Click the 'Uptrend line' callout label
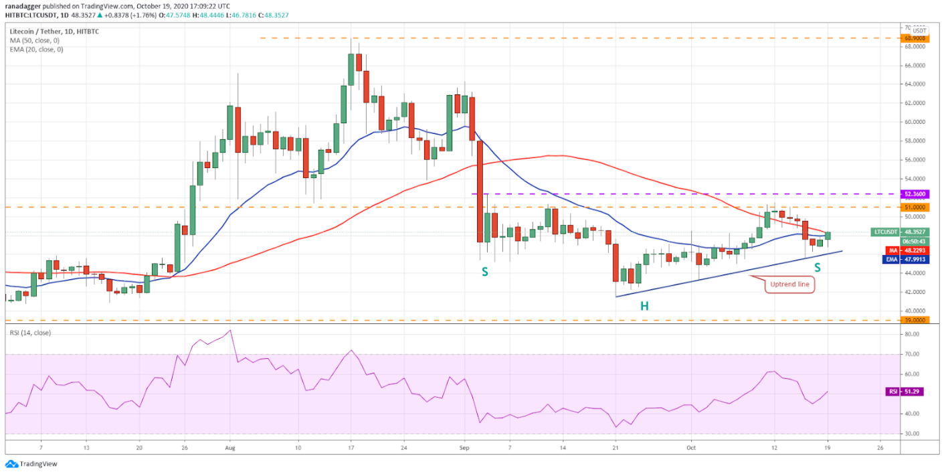coord(789,284)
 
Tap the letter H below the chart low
coord(644,306)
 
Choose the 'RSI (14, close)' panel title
coord(31,333)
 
